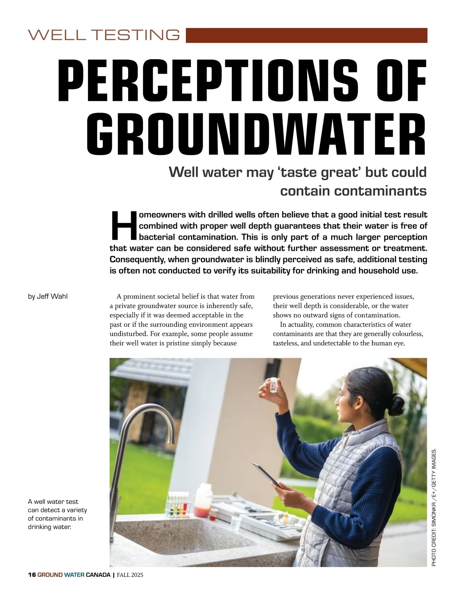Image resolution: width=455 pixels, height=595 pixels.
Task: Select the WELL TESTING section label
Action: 104,35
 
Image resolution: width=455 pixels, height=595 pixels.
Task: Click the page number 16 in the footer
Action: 32,575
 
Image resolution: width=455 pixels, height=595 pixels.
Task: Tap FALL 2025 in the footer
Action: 130,575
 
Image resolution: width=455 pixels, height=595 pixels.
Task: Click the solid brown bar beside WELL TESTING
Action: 306,35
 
